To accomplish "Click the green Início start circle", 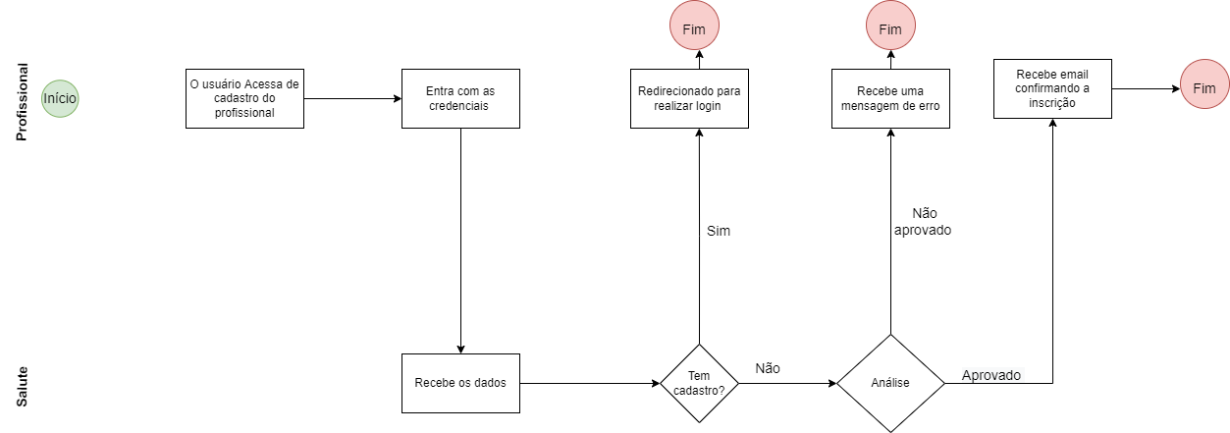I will click(x=60, y=98).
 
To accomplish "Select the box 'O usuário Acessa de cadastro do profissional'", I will click(x=244, y=98).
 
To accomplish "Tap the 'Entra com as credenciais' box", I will click(x=460, y=98).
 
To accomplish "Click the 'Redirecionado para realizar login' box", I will click(x=689, y=98).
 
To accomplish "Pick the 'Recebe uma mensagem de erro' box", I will click(x=890, y=98).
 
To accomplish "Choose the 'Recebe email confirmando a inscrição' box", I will click(x=1052, y=88).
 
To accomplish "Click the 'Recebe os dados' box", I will click(x=460, y=383).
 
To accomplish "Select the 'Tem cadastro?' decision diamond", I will click(x=699, y=383).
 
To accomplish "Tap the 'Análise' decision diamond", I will click(x=890, y=383).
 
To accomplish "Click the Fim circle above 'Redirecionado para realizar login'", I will click(x=694, y=28).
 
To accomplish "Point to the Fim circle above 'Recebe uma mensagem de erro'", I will click(x=890, y=28).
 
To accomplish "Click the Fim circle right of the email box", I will click(x=1204, y=88).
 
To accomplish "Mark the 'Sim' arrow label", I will click(x=719, y=231).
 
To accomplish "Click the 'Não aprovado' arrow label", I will click(x=924, y=221).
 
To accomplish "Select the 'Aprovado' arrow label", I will click(x=990, y=375).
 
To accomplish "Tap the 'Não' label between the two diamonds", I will click(x=768, y=368).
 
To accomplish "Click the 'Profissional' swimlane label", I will click(x=22, y=102).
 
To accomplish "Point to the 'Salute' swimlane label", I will click(x=22, y=387).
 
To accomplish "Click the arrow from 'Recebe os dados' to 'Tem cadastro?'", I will click(x=589, y=383).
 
